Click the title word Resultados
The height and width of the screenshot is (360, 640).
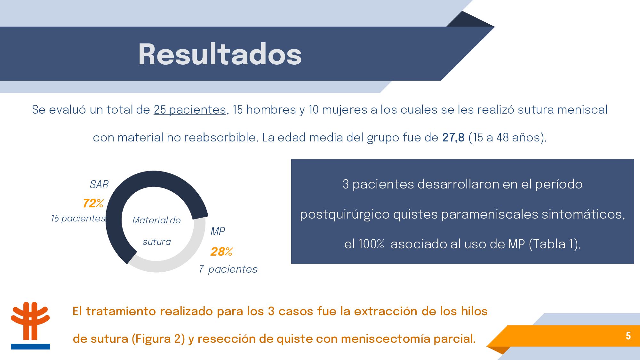click(x=220, y=54)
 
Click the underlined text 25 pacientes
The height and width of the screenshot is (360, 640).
click(x=190, y=110)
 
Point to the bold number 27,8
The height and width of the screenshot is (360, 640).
click(x=453, y=138)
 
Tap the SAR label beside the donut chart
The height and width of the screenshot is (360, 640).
click(x=99, y=184)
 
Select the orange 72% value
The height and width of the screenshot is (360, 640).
click(x=93, y=203)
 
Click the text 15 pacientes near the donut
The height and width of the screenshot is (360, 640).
click(x=78, y=218)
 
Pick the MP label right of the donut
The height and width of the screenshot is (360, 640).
click(x=218, y=231)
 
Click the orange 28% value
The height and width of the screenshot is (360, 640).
click(x=221, y=252)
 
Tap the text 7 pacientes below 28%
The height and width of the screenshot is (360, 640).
click(x=228, y=269)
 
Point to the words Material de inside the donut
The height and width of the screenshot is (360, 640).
click(x=156, y=220)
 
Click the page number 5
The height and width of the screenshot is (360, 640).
click(x=628, y=336)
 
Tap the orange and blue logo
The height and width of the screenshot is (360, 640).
click(x=30, y=325)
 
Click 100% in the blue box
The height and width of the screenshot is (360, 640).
click(x=371, y=244)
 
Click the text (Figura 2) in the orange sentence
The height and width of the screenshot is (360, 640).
click(x=158, y=339)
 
